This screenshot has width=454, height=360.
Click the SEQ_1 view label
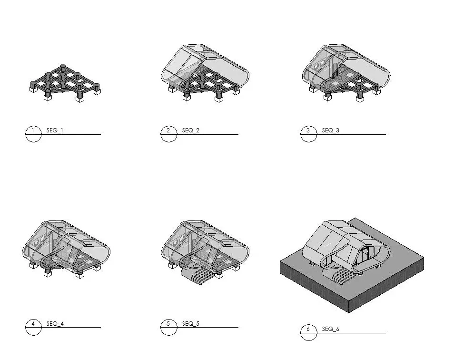pyautogui.click(x=54, y=130)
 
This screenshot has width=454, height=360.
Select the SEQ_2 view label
pyautogui.click(x=190, y=130)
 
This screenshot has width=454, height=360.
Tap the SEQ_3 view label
pyautogui.click(x=330, y=130)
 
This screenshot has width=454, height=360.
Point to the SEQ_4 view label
pyautogui.click(x=55, y=324)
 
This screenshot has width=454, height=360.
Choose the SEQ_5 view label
pyautogui.click(x=190, y=324)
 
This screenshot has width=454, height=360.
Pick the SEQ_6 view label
pyautogui.click(x=330, y=329)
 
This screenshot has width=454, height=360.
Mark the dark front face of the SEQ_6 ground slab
pyautogui.click(x=314, y=286)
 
